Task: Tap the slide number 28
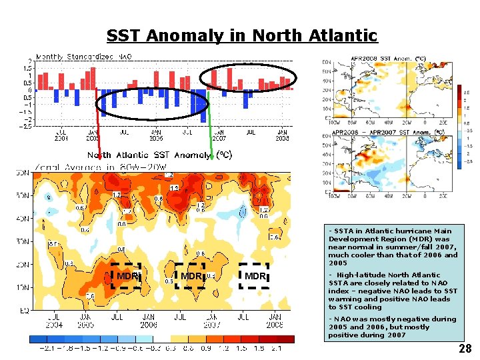click(x=465, y=349)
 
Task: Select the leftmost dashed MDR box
click(x=126, y=276)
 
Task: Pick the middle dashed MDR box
click(x=190, y=276)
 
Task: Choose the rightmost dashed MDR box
click(x=254, y=276)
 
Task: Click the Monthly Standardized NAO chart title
click(x=83, y=57)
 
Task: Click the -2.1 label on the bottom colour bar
click(x=47, y=349)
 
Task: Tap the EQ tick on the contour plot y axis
click(x=25, y=310)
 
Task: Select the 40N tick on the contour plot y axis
click(x=23, y=219)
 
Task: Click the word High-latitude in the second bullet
click(x=360, y=275)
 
